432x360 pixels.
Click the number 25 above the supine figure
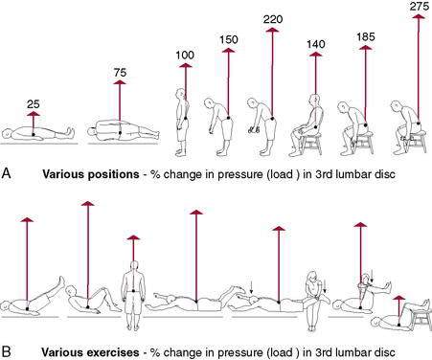[x=34, y=104]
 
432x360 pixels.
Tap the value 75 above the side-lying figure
[x=120, y=73]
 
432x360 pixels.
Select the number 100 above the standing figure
[x=185, y=56]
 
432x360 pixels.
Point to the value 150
[x=229, y=39]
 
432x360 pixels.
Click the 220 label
[x=273, y=19]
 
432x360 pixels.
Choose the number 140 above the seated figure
[x=316, y=44]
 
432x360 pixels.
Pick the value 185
[x=366, y=37]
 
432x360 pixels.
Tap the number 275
[x=419, y=7]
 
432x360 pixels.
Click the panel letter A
[x=6, y=173]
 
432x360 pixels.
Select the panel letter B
[x=6, y=351]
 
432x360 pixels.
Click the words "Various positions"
[x=91, y=174]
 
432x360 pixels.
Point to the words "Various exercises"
[x=90, y=352]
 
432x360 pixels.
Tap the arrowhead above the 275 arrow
[x=419, y=16]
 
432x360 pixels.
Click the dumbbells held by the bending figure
[x=253, y=129]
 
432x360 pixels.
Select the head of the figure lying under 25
[x=7, y=133]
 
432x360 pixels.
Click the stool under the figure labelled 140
[x=311, y=144]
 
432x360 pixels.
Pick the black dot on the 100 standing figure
[x=186, y=119]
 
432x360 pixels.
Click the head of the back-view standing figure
[x=134, y=266]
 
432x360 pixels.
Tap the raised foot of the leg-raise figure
[x=61, y=281]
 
